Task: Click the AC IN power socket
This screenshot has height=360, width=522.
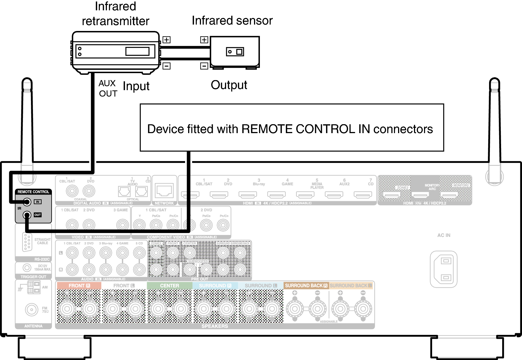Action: (x=444, y=269)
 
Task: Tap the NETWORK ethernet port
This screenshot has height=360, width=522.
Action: (x=164, y=191)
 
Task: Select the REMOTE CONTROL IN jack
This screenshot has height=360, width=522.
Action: (x=27, y=202)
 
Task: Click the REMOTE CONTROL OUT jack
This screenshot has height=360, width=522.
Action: (x=27, y=215)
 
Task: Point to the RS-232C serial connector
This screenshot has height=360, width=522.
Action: (x=27, y=242)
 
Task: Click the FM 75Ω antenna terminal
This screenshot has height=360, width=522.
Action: (x=32, y=309)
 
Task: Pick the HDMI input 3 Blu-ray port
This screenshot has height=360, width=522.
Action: (x=248, y=194)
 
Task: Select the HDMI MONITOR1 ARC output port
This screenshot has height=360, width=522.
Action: (x=420, y=195)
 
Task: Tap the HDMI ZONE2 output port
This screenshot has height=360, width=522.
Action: (x=391, y=195)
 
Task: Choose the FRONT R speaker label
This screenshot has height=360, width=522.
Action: (x=79, y=286)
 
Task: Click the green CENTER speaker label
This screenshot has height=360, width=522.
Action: (x=169, y=286)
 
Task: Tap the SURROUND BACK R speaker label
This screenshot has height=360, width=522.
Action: (x=306, y=286)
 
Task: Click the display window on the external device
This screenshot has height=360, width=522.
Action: (x=137, y=51)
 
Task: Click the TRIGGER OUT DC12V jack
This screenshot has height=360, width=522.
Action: (x=27, y=268)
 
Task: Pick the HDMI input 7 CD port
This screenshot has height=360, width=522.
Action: (x=363, y=194)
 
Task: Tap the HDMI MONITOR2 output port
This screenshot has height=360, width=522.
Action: (x=449, y=195)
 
